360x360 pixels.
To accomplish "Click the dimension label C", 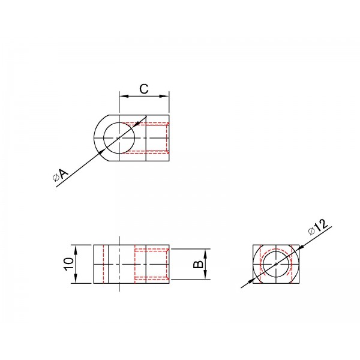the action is pos(144,89).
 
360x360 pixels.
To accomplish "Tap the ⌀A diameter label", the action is pos(61,175).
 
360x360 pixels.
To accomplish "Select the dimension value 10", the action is pos(69,264).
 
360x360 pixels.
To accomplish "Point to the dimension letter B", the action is pos(198,264).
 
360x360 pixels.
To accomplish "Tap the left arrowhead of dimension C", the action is pos(124,96).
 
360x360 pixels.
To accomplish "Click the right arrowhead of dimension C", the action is pos(164,96).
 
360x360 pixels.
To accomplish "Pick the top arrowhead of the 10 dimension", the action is pos(76,250).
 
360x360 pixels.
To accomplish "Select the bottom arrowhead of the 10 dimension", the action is pos(76,279).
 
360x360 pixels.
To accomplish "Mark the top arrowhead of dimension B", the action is pos(205,253).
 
